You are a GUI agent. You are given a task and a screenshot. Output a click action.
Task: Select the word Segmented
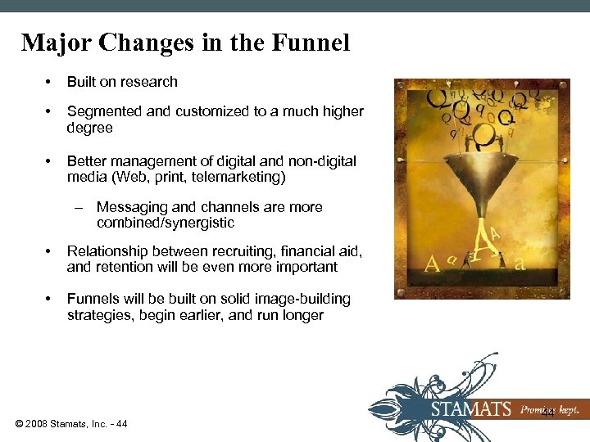104,111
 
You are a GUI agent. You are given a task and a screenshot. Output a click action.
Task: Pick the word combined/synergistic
166,223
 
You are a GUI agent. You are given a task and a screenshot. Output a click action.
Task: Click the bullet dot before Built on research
49,81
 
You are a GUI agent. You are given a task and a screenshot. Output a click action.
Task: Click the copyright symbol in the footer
19,423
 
